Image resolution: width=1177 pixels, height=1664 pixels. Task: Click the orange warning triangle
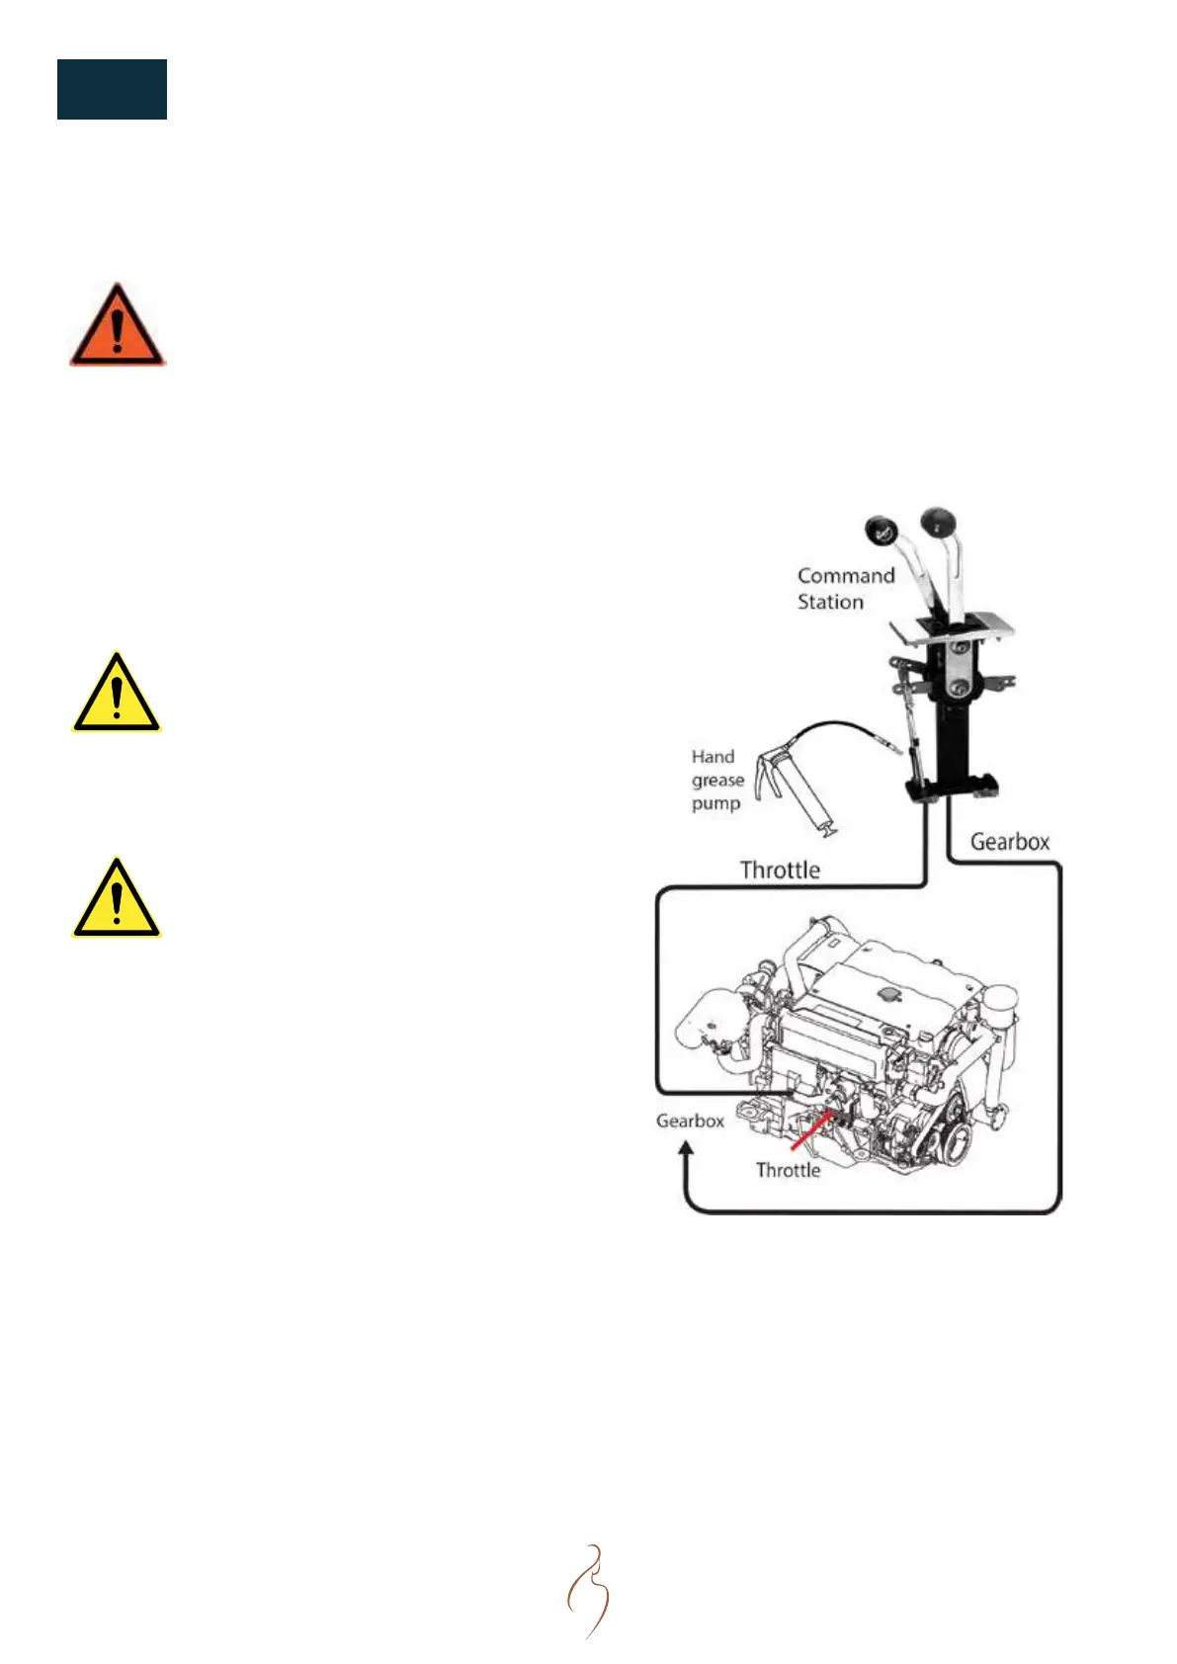(x=117, y=327)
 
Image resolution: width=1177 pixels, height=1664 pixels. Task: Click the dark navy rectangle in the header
(x=112, y=89)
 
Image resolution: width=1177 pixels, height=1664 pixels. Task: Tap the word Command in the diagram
(x=845, y=576)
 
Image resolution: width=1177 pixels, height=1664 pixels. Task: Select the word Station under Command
(x=830, y=602)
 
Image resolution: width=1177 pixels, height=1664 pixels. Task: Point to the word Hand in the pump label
(x=713, y=757)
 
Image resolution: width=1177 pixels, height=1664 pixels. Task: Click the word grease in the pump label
(x=717, y=781)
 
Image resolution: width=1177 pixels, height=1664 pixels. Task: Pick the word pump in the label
(x=715, y=804)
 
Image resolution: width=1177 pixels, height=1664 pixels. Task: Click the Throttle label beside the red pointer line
(x=788, y=1170)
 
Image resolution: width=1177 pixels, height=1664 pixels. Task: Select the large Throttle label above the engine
(x=780, y=871)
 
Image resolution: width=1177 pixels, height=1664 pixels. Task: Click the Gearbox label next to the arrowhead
(x=690, y=1122)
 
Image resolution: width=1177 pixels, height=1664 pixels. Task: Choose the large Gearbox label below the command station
(x=1009, y=842)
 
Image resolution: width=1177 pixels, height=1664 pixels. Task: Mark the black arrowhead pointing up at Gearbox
(x=686, y=1149)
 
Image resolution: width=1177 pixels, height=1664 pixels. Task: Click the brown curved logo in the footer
(x=589, y=1591)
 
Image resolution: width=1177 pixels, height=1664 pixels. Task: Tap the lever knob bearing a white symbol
(x=879, y=530)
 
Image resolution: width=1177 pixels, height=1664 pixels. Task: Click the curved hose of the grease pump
(x=840, y=730)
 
